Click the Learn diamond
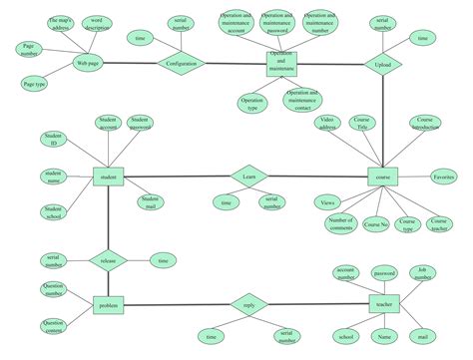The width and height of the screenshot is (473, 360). [x=249, y=177]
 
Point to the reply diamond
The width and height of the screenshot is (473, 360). [x=249, y=304]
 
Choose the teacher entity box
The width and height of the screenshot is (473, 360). [x=382, y=304]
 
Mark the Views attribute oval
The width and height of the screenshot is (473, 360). [x=327, y=203]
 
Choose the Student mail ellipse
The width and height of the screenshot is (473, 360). [x=150, y=202]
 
